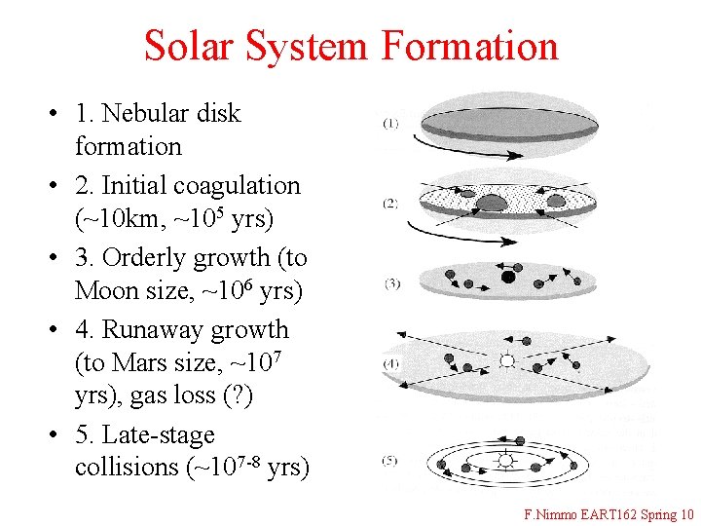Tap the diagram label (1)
389,124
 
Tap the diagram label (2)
389,204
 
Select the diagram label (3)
391,283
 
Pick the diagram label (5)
389,460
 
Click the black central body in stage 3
507,277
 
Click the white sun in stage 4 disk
506,360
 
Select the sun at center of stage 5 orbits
505,460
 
